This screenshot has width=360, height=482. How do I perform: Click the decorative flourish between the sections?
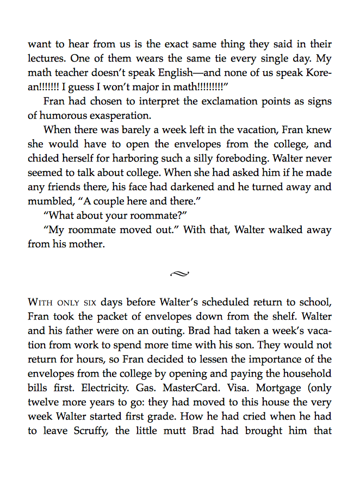pyautogui.click(x=179, y=273)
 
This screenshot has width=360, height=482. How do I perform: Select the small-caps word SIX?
pyautogui.click(x=90, y=303)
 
